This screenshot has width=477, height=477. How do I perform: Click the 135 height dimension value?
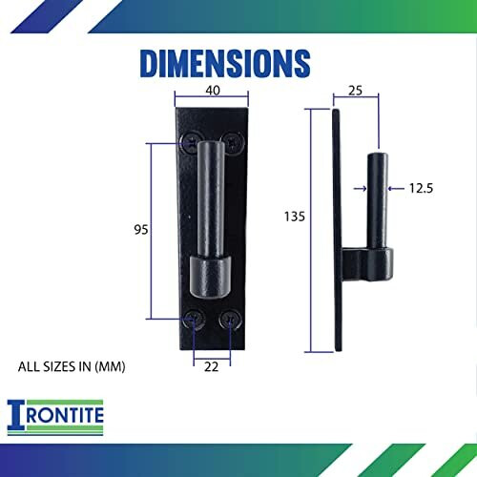click(294, 217)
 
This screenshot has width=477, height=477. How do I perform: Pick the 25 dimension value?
click(355, 92)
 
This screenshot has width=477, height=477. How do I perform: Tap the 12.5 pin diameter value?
click(420, 189)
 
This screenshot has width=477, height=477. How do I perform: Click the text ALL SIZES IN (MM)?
click(72, 365)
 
